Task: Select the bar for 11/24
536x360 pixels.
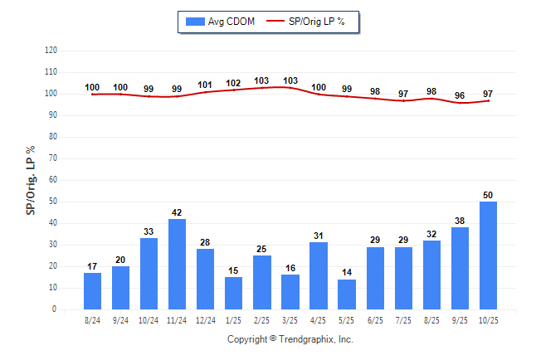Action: pos(177,264)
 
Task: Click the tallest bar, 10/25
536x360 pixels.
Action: pos(489,255)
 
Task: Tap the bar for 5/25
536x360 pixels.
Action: pos(347,294)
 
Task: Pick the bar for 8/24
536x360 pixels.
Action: pos(92,291)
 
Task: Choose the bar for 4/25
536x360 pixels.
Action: pos(319,275)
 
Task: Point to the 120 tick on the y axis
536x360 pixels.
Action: pos(51,51)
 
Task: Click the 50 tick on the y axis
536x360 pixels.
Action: pos(53,202)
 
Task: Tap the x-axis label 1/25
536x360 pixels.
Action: pos(233,319)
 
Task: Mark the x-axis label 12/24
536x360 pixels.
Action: pos(205,319)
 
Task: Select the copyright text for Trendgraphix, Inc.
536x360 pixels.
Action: pos(290,339)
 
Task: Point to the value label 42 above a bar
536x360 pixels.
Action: pos(177,212)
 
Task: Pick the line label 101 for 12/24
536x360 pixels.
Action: pos(205,85)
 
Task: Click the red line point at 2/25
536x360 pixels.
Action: pos(262,88)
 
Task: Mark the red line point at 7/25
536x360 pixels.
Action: pos(404,100)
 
